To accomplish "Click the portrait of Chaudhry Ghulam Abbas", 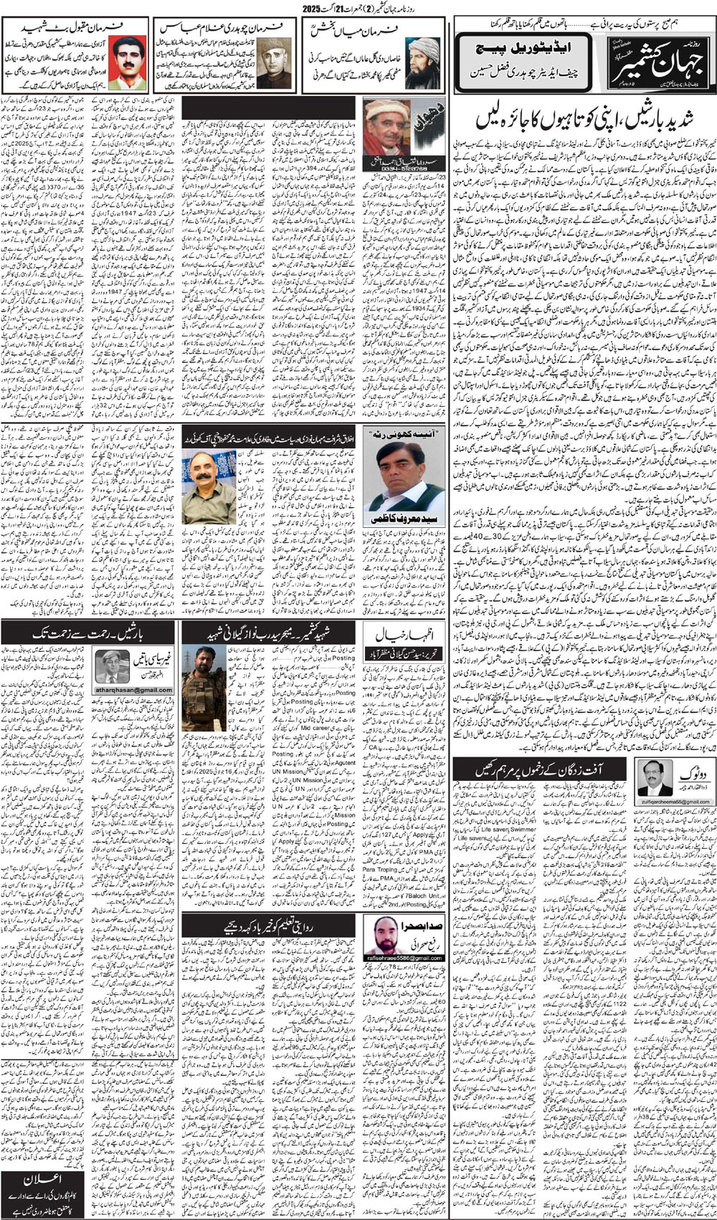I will [272, 62].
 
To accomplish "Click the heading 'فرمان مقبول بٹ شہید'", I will [75, 27].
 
